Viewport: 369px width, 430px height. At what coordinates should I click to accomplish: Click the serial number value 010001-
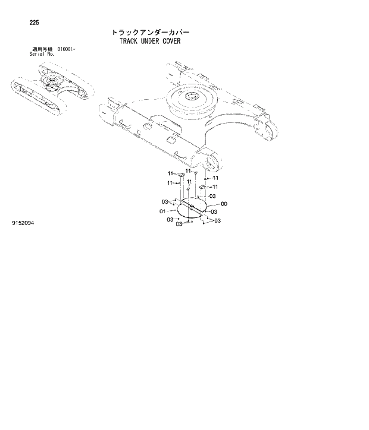[67, 49]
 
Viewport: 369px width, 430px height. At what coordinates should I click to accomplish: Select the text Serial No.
[42, 54]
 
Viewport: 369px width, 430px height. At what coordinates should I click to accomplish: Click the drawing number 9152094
[23, 224]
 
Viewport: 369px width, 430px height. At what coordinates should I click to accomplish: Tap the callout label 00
[224, 204]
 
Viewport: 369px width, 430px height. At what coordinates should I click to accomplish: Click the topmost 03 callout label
[212, 196]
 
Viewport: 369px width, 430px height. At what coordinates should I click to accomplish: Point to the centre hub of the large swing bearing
[192, 97]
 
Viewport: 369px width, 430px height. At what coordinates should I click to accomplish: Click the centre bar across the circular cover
[192, 207]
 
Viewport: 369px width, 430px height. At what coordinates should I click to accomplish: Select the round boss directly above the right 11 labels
[211, 162]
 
